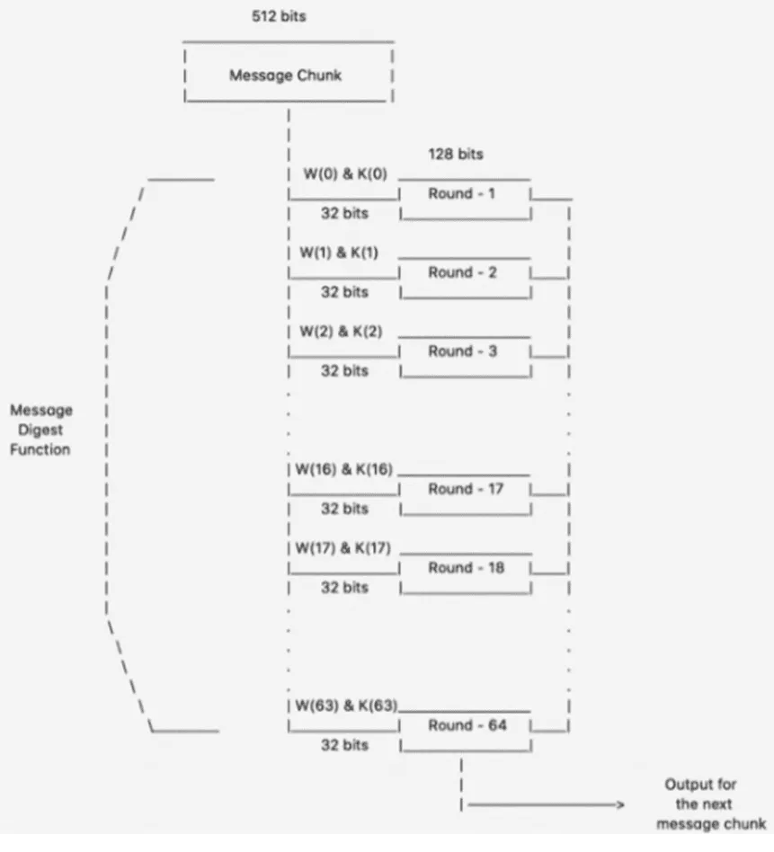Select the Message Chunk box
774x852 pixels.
point(286,75)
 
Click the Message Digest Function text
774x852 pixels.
point(41,430)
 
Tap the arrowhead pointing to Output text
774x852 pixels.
point(618,805)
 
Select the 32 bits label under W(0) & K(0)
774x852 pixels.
point(344,214)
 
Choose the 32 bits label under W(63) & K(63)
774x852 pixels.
point(344,745)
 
